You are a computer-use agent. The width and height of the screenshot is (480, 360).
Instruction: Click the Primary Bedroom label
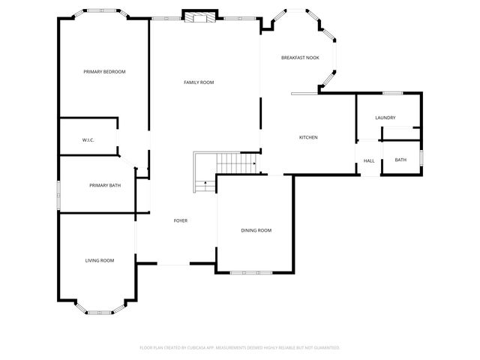point(104,72)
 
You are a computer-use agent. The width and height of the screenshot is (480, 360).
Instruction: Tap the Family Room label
point(199,82)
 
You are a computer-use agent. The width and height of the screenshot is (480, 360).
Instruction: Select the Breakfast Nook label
point(300,58)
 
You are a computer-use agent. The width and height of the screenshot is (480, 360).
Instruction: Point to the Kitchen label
point(308,137)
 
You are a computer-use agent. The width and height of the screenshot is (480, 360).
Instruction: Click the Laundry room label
point(385,118)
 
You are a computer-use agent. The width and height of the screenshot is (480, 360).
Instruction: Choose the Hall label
point(369,160)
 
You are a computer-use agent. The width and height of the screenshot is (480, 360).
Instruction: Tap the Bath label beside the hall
point(400,160)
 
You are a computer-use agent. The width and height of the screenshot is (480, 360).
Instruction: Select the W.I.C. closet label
point(87,140)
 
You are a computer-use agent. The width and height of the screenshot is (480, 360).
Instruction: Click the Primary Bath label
point(105,185)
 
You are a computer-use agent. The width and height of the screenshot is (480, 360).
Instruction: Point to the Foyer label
point(181,220)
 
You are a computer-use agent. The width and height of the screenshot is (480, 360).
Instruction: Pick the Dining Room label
point(256,230)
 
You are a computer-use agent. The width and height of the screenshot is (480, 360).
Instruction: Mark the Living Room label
point(99,260)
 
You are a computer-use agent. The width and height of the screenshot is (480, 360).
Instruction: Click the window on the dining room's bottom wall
point(250,271)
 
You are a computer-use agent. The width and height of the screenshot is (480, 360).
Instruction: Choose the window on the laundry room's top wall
point(394,94)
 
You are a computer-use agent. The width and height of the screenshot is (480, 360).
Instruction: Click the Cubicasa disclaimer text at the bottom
point(240,347)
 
